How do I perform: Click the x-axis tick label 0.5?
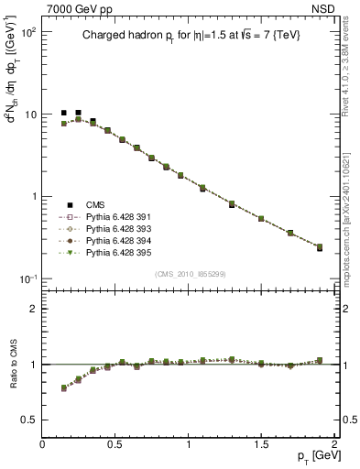(115, 442)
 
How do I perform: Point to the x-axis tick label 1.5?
(261, 442)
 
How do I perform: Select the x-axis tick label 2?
(334, 442)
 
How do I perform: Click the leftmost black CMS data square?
(64, 113)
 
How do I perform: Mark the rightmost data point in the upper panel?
(320, 247)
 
